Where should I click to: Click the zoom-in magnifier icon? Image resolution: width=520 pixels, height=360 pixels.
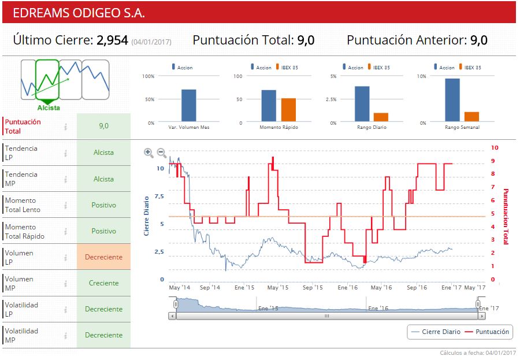(x=148, y=153)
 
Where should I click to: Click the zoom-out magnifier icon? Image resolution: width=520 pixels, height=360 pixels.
(x=162, y=153)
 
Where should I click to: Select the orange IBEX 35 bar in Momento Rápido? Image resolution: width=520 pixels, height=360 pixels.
(x=288, y=110)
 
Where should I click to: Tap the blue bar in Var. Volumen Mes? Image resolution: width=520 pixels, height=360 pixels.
(x=188, y=106)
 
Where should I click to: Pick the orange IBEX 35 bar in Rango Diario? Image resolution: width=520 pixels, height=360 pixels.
(x=381, y=117)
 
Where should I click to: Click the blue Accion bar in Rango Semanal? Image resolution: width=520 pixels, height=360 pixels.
(x=452, y=100)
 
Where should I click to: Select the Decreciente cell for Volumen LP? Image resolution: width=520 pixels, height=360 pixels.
(x=103, y=257)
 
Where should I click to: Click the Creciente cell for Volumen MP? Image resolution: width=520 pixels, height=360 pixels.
(x=103, y=283)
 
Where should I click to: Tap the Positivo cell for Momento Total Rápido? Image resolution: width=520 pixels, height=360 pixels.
(x=103, y=231)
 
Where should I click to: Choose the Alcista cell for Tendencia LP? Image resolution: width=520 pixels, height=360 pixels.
(x=103, y=153)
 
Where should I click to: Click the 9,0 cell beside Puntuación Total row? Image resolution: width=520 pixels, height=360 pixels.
(x=103, y=125)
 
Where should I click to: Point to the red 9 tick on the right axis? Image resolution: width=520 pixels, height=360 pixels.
(x=494, y=161)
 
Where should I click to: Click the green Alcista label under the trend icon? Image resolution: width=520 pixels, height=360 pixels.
(x=49, y=107)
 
